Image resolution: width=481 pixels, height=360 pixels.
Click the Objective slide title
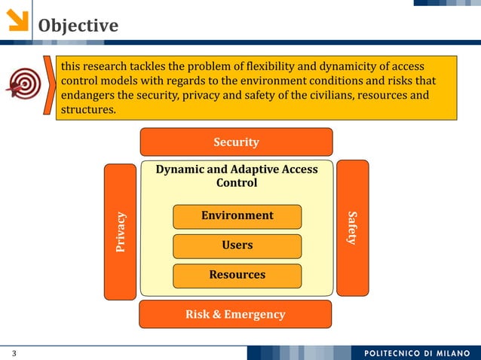(78, 26)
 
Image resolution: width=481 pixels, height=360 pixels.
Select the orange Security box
(236, 142)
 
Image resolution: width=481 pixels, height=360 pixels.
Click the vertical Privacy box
(121, 232)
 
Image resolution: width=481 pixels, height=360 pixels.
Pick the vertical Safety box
(352, 227)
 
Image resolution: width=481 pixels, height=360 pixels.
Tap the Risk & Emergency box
(235, 314)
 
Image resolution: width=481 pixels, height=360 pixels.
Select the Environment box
(237, 216)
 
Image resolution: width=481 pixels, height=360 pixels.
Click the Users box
(237, 246)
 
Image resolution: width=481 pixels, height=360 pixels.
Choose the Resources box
(237, 275)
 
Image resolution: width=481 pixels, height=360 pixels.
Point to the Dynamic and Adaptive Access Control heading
(237, 176)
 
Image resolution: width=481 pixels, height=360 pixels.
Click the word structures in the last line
(87, 109)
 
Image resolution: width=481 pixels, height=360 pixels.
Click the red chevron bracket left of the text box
(51, 87)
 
